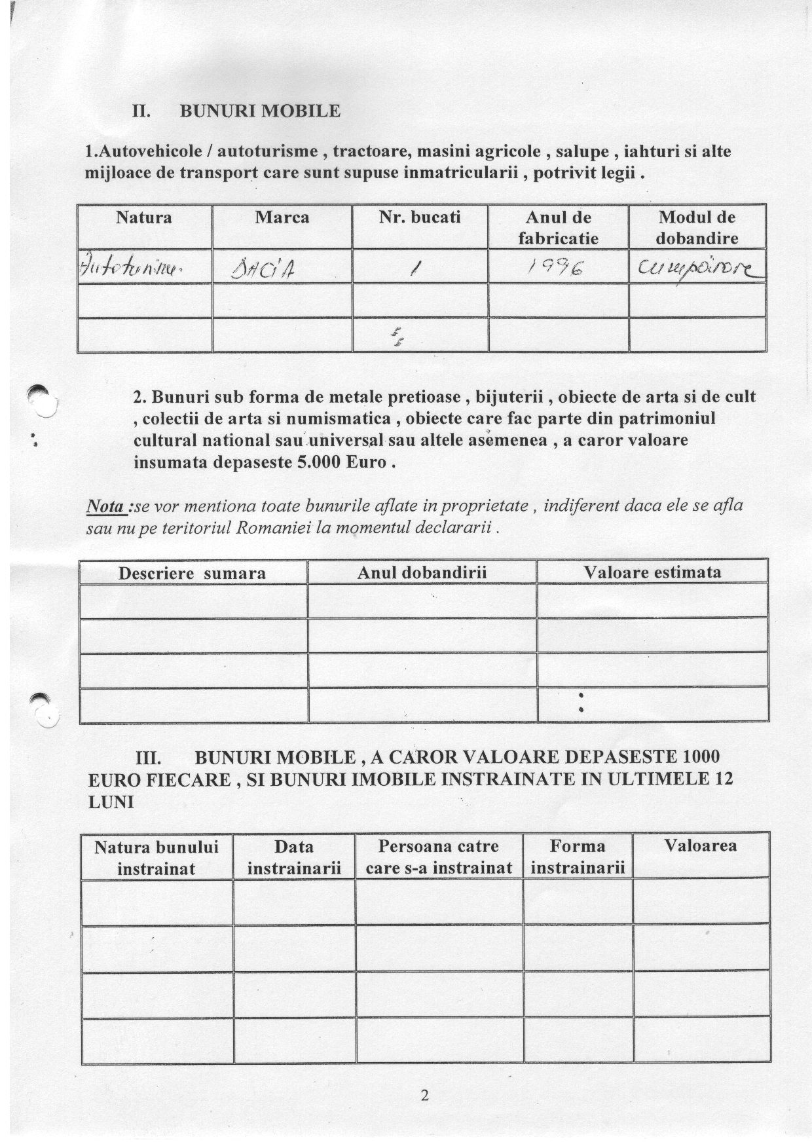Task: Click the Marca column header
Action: point(282,217)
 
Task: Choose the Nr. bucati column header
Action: point(420,217)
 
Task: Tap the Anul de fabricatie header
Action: point(558,227)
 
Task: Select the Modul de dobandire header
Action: point(697,227)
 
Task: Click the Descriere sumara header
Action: point(192,574)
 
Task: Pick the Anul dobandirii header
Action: point(422,572)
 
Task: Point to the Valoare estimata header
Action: point(652,572)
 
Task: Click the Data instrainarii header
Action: point(294,857)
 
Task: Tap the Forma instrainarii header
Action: point(578,857)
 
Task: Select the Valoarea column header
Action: point(701,846)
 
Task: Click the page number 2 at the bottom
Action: point(424,1095)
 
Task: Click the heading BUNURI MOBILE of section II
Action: point(260,111)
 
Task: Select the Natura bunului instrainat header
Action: point(157,858)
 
